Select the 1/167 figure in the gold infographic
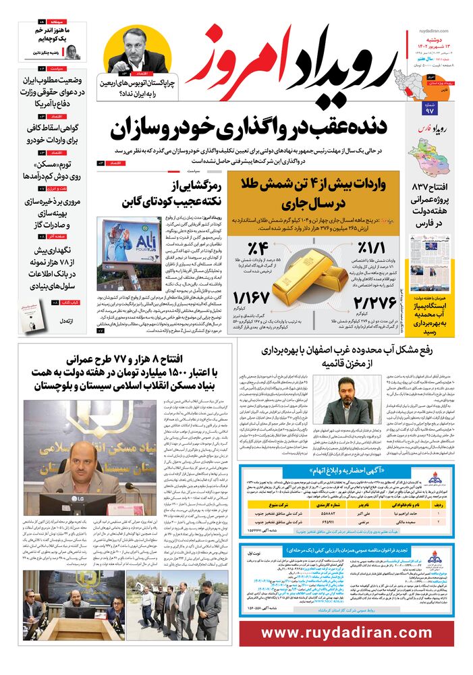(252, 298)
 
